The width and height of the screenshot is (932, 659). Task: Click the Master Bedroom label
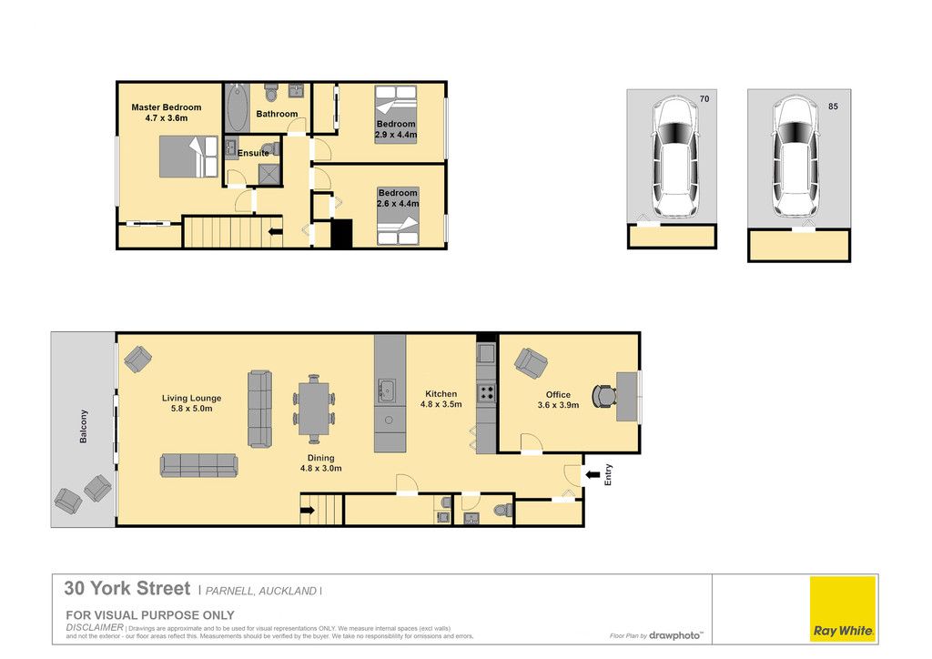[167, 107]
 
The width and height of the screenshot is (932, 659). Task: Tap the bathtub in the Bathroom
[237, 108]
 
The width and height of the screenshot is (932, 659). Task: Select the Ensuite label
[253, 153]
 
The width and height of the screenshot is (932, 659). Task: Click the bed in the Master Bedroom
[188, 157]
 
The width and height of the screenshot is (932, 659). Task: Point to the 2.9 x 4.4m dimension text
[396, 135]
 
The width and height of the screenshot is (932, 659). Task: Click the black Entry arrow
[593, 475]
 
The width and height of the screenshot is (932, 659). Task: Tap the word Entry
[608, 475]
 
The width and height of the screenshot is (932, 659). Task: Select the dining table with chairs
[314, 409]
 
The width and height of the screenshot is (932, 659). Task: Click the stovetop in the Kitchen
[487, 393]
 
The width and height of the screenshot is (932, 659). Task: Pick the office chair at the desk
[604, 396]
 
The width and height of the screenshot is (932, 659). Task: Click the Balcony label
[83, 426]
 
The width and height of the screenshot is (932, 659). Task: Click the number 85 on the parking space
[833, 106]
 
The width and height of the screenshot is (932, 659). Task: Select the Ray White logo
[843, 609]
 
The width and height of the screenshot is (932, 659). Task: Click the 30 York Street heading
[127, 588]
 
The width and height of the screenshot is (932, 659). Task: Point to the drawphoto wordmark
[675, 635]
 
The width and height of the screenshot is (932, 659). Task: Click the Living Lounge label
[191, 398]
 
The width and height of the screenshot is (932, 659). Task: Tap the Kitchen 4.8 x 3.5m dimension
[441, 404]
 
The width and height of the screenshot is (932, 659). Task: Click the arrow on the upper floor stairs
[275, 232]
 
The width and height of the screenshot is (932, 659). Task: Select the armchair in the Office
[531, 363]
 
